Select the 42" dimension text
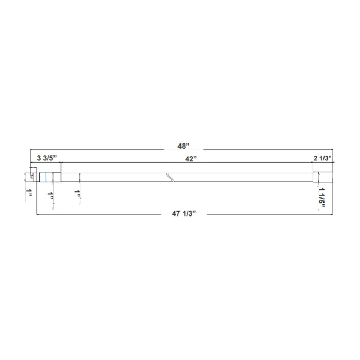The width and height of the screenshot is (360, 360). point(191,159)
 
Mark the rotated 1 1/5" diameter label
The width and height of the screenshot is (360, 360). point(322,195)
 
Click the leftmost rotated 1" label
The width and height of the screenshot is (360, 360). point(30,194)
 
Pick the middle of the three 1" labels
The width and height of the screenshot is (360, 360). point(50,195)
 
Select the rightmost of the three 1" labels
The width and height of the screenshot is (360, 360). point(77,194)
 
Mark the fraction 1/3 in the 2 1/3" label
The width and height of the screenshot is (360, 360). point(326,159)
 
